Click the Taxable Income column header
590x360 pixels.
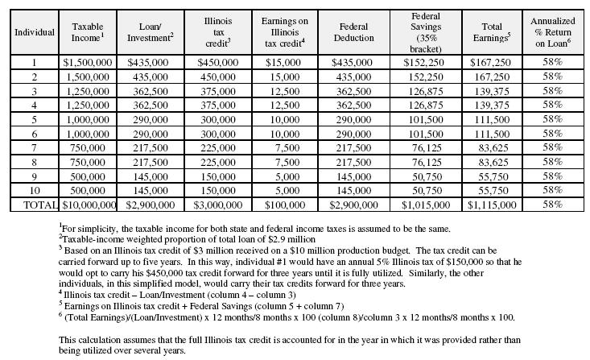pos(88,32)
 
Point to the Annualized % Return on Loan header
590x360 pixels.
pos(552,32)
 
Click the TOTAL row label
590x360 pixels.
pos(35,205)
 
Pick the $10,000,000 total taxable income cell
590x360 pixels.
pos(88,205)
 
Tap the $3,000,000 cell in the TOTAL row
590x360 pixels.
pos(219,205)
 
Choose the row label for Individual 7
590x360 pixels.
pos(35,147)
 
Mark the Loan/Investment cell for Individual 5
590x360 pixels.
pos(153,118)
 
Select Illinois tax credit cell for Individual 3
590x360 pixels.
pos(219,89)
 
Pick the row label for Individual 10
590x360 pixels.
pos(35,191)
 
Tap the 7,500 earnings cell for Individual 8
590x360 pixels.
pos(285,162)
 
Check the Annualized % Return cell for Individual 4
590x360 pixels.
pos(552,104)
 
